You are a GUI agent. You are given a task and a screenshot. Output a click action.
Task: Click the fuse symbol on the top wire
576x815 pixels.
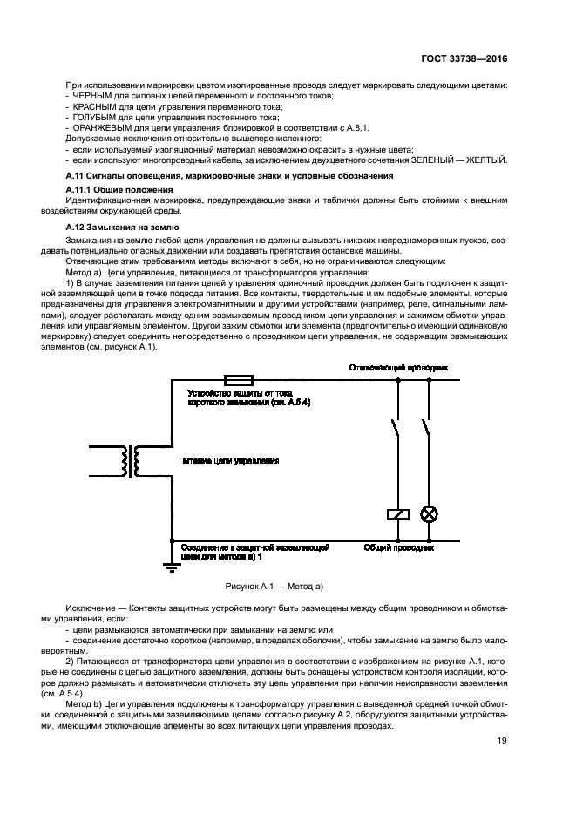(239, 379)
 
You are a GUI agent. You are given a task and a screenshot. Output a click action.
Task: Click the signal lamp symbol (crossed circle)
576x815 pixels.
(429, 514)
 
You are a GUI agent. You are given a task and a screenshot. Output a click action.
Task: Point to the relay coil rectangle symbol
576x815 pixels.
(396, 514)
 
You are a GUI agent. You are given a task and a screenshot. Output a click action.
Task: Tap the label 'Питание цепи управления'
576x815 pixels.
(228, 459)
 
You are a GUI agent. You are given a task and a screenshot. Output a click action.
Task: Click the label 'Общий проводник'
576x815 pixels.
(398, 549)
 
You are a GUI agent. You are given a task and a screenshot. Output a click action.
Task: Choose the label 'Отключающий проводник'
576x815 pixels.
(396, 369)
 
